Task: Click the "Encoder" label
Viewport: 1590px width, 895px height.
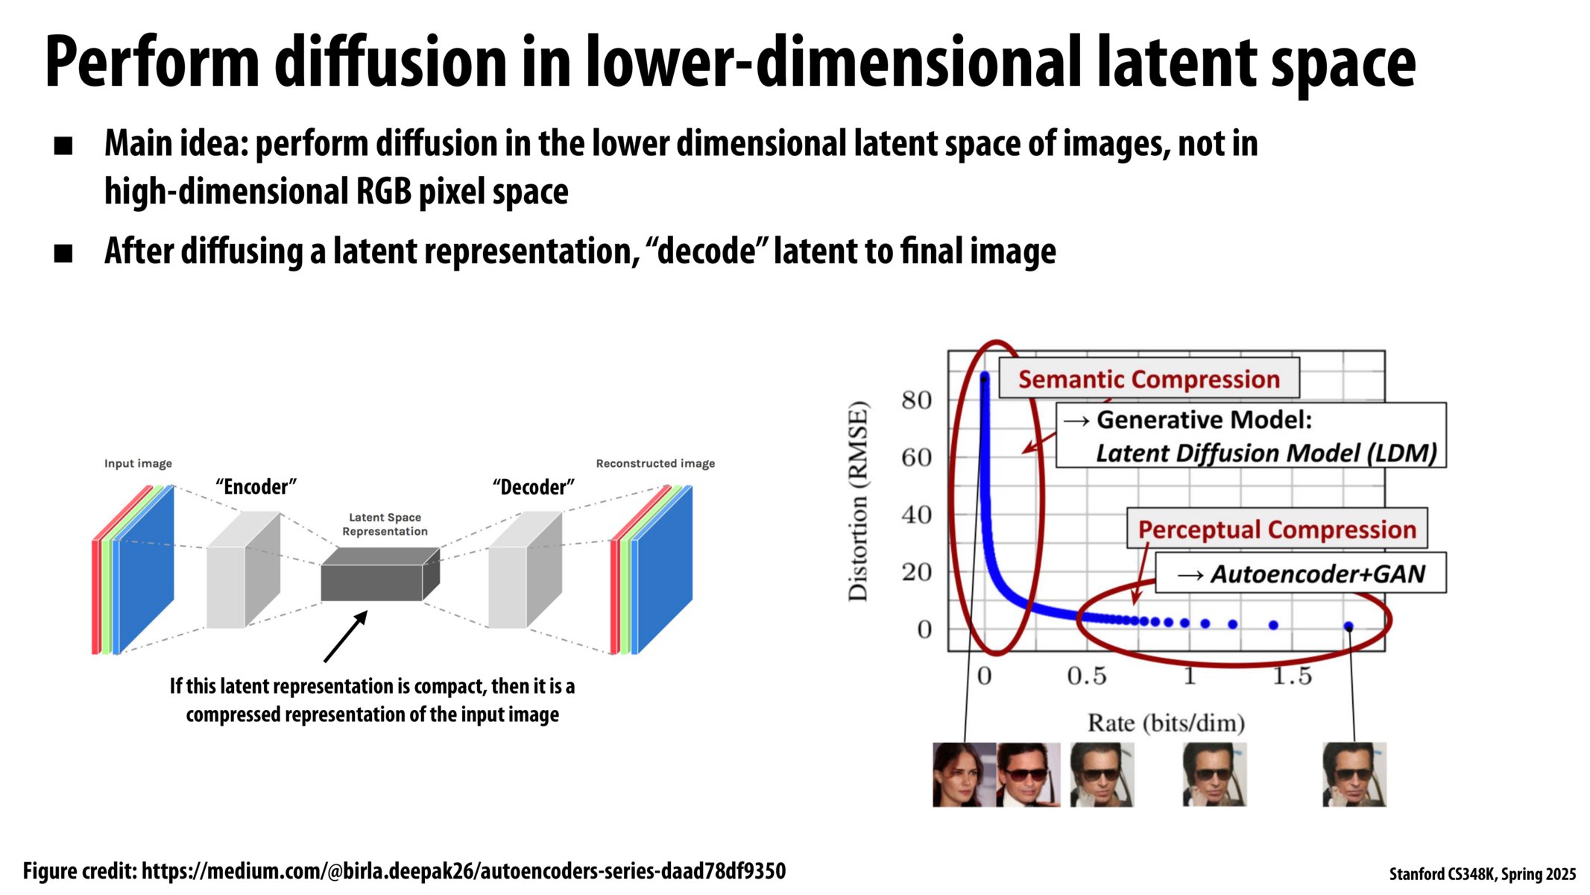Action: (x=256, y=487)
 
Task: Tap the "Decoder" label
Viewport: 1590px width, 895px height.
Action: (x=533, y=487)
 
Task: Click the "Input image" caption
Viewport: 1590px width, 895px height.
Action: (x=138, y=463)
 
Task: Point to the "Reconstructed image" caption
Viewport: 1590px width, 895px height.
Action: (x=655, y=463)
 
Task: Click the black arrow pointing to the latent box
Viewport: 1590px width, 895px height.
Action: (x=346, y=636)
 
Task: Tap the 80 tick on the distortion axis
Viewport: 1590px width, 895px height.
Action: (x=916, y=401)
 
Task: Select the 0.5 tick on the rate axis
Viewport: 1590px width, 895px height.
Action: (x=1086, y=676)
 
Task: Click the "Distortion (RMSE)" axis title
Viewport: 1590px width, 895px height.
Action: (x=859, y=501)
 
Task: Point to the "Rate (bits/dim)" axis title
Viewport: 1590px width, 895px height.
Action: (x=1166, y=723)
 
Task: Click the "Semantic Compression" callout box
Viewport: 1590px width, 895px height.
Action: (x=1148, y=379)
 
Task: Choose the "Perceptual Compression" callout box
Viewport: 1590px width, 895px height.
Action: (x=1276, y=529)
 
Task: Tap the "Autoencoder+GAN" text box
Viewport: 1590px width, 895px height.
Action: (x=1301, y=574)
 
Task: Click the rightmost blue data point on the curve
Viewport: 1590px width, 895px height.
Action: (x=1348, y=626)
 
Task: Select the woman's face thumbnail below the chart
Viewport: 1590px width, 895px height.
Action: (x=964, y=774)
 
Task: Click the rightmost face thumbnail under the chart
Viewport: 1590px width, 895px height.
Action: (x=1354, y=774)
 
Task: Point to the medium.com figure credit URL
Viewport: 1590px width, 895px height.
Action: (x=463, y=870)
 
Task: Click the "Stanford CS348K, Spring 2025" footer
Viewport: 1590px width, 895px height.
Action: (x=1482, y=874)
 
